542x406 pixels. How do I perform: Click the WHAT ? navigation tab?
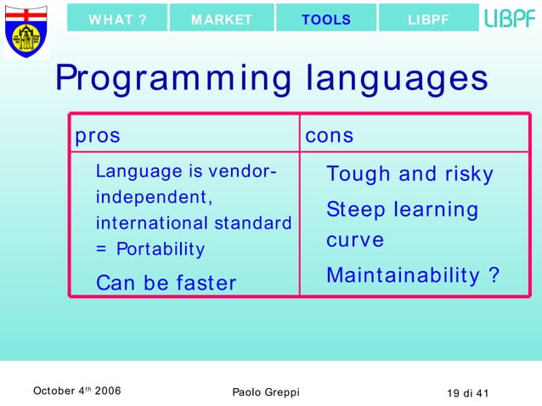[x=117, y=20]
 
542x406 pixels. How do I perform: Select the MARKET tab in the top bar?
[x=222, y=20]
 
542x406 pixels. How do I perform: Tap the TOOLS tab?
[x=325, y=20]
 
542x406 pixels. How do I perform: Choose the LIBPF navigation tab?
[x=428, y=20]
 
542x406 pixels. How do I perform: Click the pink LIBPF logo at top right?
[x=510, y=18]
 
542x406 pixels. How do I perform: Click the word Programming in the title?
[x=175, y=80]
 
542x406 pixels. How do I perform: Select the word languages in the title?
[x=397, y=80]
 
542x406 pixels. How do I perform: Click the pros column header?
[x=97, y=136]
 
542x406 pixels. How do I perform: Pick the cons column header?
[x=330, y=136]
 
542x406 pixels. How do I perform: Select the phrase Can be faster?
[x=166, y=283]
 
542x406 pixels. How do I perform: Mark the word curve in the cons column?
[x=355, y=240]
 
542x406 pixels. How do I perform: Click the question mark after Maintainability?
[x=494, y=276]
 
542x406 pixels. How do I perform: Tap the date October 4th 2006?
[x=76, y=391]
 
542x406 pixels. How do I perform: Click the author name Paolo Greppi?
[x=265, y=392]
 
